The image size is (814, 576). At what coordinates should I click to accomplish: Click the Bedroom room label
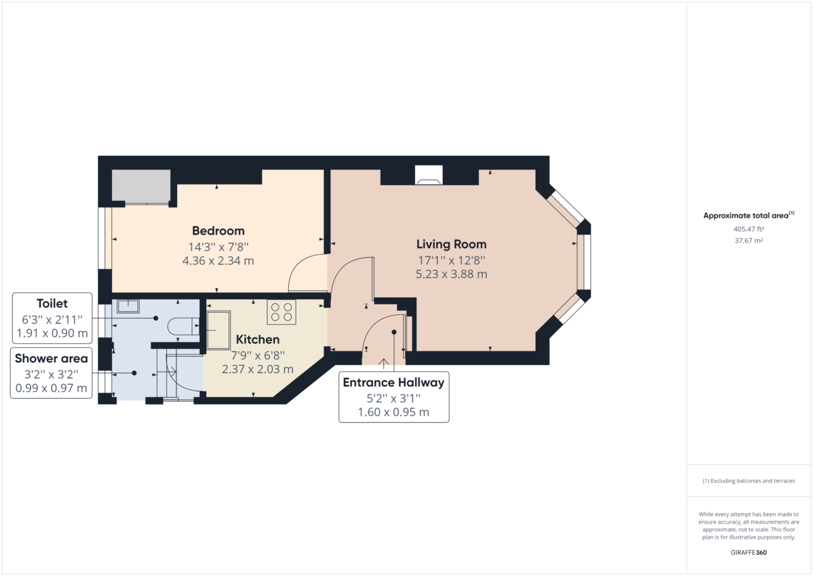(218, 231)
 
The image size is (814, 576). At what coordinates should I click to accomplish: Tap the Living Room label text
(451, 244)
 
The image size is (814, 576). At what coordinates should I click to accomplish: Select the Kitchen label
(257, 339)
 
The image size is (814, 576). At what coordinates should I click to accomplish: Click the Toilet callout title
(52, 304)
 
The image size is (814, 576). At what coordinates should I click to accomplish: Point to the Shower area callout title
(52, 359)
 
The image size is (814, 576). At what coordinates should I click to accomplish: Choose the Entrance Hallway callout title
(393, 383)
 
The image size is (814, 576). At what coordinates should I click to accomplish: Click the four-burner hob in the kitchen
(282, 311)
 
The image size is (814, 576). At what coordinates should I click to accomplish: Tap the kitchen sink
(218, 330)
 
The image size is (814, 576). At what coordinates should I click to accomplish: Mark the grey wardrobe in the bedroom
(141, 186)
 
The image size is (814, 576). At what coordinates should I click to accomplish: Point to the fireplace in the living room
(428, 176)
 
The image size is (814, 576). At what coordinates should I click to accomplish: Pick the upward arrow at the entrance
(384, 364)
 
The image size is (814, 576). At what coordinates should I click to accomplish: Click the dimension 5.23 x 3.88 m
(451, 274)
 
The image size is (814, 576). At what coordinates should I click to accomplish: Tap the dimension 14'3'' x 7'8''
(218, 247)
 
